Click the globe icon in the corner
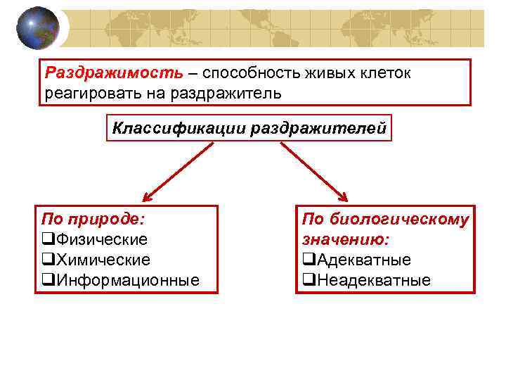39,29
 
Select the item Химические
103,260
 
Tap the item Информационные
126,280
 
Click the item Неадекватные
373,280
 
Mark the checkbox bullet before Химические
48,260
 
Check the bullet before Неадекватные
309,281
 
